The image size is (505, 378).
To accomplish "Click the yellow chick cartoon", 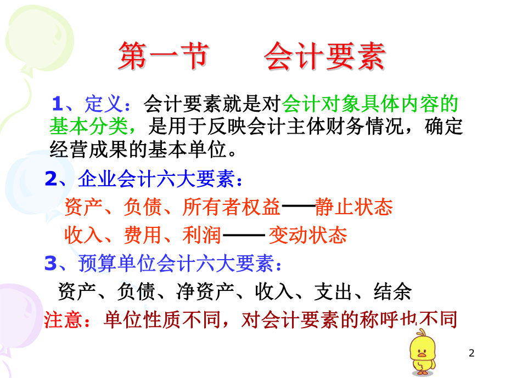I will point(424,351).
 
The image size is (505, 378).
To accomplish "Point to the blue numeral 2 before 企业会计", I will point(51,179).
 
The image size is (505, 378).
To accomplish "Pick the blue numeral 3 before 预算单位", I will point(51,264).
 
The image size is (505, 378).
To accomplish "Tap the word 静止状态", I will point(354,207).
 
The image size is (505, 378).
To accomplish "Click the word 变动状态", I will point(307,235).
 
